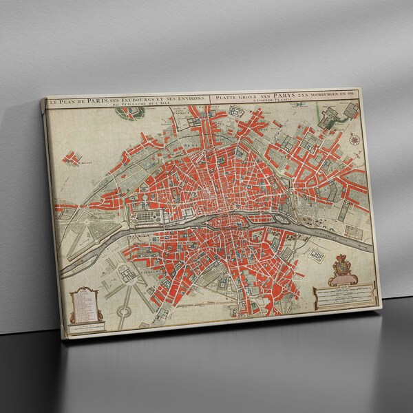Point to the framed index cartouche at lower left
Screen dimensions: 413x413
tap(83, 303)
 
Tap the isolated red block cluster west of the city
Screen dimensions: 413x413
tap(72, 158)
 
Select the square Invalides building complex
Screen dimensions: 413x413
tap(129, 273)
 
